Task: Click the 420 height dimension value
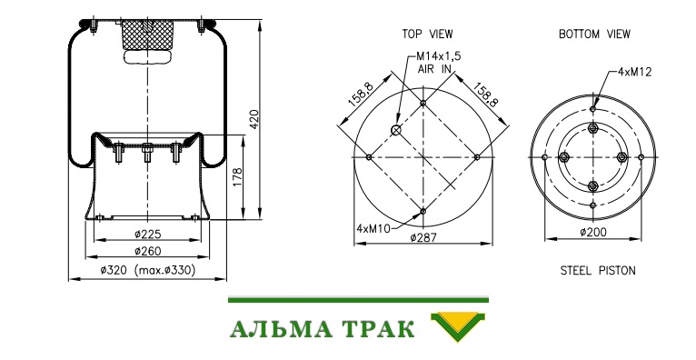(253, 119)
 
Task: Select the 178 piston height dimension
(237, 176)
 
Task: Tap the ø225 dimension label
(148, 234)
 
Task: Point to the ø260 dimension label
(148, 251)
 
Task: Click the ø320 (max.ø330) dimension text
(148, 270)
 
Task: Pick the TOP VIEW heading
(427, 34)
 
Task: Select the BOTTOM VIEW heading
(594, 34)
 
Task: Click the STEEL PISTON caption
(598, 270)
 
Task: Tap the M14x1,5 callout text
(439, 56)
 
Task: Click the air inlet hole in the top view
(396, 130)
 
